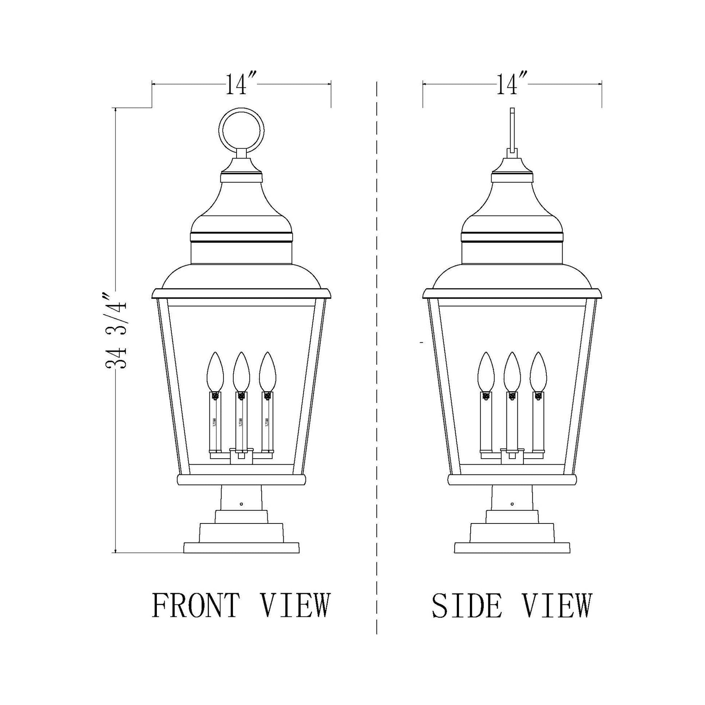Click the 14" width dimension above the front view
(x=241, y=85)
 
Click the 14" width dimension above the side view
(x=512, y=85)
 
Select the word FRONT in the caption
(x=196, y=462)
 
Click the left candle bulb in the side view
(x=486, y=371)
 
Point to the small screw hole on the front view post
(x=241, y=504)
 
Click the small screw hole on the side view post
(x=512, y=504)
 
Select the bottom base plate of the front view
(x=241, y=558)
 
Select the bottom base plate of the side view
(x=512, y=558)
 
